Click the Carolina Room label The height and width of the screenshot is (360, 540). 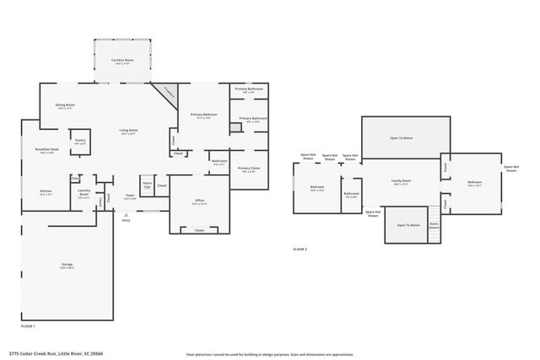click(121, 62)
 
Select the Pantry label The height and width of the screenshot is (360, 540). click(79, 142)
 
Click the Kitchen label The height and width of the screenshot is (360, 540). click(46, 192)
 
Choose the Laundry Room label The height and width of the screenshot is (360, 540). click(84, 192)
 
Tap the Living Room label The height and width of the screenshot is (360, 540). click(128, 132)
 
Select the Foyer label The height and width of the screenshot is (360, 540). click(130, 196)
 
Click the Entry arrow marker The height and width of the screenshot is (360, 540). click(126, 218)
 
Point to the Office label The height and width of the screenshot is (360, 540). click(199, 202)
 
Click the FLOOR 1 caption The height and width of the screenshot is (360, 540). click(28, 325)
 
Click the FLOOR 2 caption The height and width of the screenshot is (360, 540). click(300, 250)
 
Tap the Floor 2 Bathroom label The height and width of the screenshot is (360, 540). click(352, 195)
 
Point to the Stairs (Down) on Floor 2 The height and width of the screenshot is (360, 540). click(434, 224)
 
